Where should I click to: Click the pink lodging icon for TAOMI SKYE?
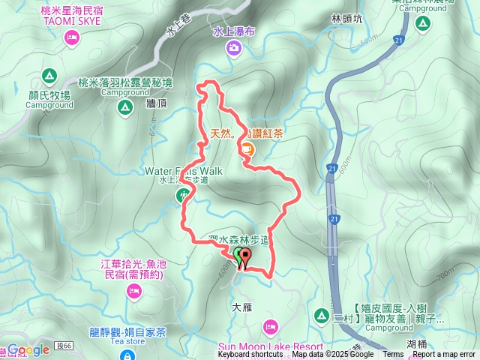tap(72, 37)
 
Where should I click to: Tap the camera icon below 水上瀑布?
tap(234, 48)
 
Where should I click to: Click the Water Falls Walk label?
tap(183, 171)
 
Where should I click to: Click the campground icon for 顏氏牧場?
tap(49, 75)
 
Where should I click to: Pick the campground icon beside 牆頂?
tap(124, 109)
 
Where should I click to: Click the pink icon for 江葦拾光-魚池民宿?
tap(133, 290)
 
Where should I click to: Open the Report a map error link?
tap(443, 355)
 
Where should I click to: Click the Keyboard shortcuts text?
tap(250, 355)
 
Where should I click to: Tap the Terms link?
tap(393, 355)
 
